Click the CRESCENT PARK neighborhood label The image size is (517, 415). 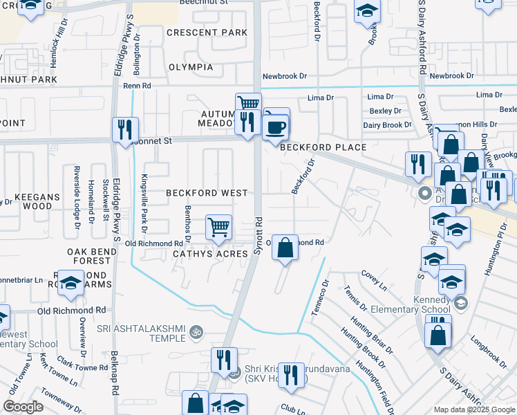coord(206,33)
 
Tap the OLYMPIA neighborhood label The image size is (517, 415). coord(191,67)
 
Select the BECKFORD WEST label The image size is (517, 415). coord(206,194)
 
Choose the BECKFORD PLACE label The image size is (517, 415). coord(318,147)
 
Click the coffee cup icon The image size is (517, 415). coord(276,127)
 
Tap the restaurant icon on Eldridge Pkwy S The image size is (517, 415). coord(125,129)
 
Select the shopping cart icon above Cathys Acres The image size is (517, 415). coord(218,227)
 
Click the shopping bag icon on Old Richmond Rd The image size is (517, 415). coord(285,247)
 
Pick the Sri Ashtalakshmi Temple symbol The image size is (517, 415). coord(196,333)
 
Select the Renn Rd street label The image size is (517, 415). coord(137,86)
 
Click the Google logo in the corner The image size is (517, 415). coord(23,407)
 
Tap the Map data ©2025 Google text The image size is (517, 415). coord(474,409)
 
